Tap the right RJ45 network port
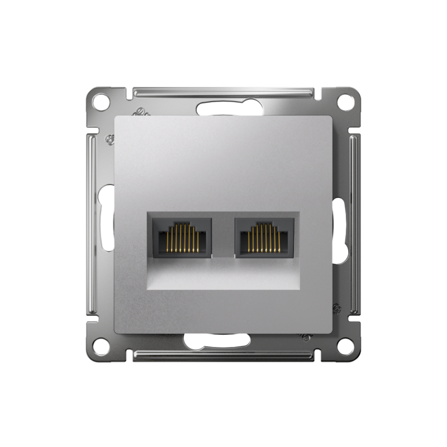click(x=265, y=238)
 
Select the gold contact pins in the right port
click(x=265, y=236)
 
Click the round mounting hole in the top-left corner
click(x=101, y=102)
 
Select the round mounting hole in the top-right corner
click(x=346, y=102)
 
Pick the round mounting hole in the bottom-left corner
click(x=101, y=346)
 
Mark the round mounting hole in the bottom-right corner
click(x=346, y=346)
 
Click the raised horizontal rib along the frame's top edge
click(x=223, y=91)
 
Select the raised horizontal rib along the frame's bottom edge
click(x=223, y=356)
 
